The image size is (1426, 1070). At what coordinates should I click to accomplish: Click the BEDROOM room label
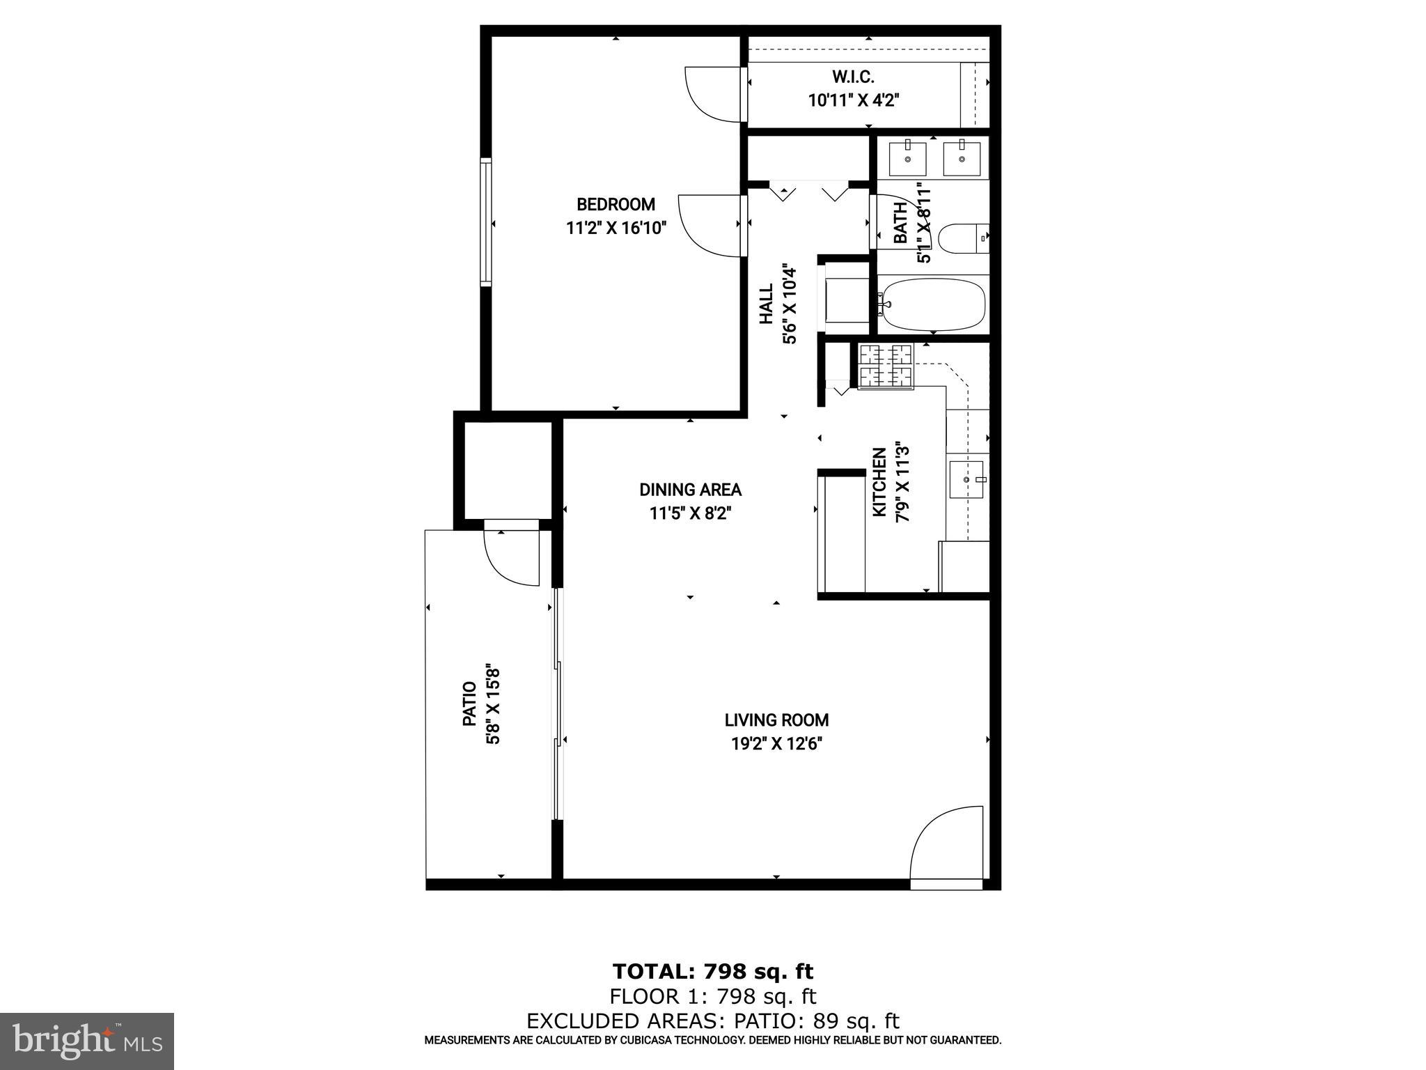pyautogui.click(x=616, y=205)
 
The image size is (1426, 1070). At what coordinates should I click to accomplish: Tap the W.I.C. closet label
pyautogui.click(x=853, y=77)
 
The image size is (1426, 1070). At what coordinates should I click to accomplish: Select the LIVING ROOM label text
pyautogui.click(x=776, y=720)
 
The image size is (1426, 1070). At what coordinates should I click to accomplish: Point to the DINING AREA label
pyautogui.click(x=690, y=490)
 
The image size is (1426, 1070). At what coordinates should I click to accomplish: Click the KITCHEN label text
pyautogui.click(x=880, y=482)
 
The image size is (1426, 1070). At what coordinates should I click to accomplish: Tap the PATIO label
pyautogui.click(x=470, y=704)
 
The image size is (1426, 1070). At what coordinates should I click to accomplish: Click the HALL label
pyautogui.click(x=767, y=303)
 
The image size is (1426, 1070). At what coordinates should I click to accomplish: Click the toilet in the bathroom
pyautogui.click(x=963, y=238)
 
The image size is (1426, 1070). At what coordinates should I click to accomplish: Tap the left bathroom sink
pyautogui.click(x=909, y=158)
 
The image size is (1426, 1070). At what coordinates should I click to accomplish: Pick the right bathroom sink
pyautogui.click(x=962, y=158)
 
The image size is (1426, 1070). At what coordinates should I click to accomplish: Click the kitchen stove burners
pyautogui.click(x=886, y=366)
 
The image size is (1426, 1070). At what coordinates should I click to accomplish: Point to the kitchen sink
pyautogui.click(x=966, y=479)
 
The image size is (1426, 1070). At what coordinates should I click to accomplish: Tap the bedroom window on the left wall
pyautogui.click(x=485, y=221)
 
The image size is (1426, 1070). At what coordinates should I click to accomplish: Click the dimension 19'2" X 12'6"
pyautogui.click(x=776, y=744)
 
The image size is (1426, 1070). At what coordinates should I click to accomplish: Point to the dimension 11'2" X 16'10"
pyautogui.click(x=616, y=228)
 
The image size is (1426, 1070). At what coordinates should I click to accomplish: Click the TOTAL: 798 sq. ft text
pyautogui.click(x=712, y=971)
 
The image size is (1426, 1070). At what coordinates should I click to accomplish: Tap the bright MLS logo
pyautogui.click(x=87, y=1040)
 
